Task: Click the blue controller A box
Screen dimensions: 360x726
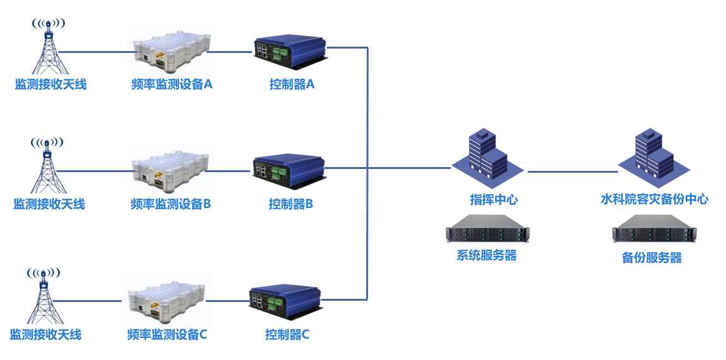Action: [x=291, y=52]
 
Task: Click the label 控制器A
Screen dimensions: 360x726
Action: [x=292, y=84]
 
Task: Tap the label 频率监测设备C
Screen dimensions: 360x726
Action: [x=167, y=334]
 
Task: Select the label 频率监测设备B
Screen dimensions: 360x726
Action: [x=170, y=204]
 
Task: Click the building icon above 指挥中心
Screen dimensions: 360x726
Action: [x=487, y=154]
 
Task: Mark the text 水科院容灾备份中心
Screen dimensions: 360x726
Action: [x=654, y=199]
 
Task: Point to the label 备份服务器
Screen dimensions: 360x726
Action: [x=652, y=258]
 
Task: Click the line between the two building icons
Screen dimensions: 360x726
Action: [x=572, y=171]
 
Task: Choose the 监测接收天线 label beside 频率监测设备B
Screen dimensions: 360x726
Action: [x=49, y=204]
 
